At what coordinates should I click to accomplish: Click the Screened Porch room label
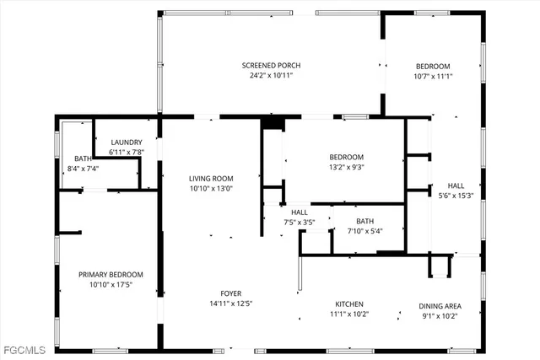pos(271,66)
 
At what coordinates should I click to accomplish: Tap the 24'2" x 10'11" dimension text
pos(271,76)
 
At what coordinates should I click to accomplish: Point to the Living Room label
pos(211,179)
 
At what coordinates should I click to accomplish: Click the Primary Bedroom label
pos(111,274)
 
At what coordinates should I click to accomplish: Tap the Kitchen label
pos(348,304)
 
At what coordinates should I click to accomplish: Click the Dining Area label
pos(440,306)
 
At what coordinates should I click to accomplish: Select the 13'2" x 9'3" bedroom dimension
pos(346,168)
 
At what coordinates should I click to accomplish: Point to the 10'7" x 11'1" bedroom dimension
pos(432,77)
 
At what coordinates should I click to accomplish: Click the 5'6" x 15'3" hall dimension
pos(456,196)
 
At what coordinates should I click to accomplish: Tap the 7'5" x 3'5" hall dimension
pos(300,223)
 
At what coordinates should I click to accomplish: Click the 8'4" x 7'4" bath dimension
pos(83,168)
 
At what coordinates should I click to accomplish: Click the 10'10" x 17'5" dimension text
pos(111,284)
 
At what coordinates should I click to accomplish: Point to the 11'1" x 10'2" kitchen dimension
pos(348,314)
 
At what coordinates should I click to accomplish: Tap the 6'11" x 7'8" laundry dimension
pos(127,153)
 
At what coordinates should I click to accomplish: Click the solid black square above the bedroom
pos(272,123)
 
